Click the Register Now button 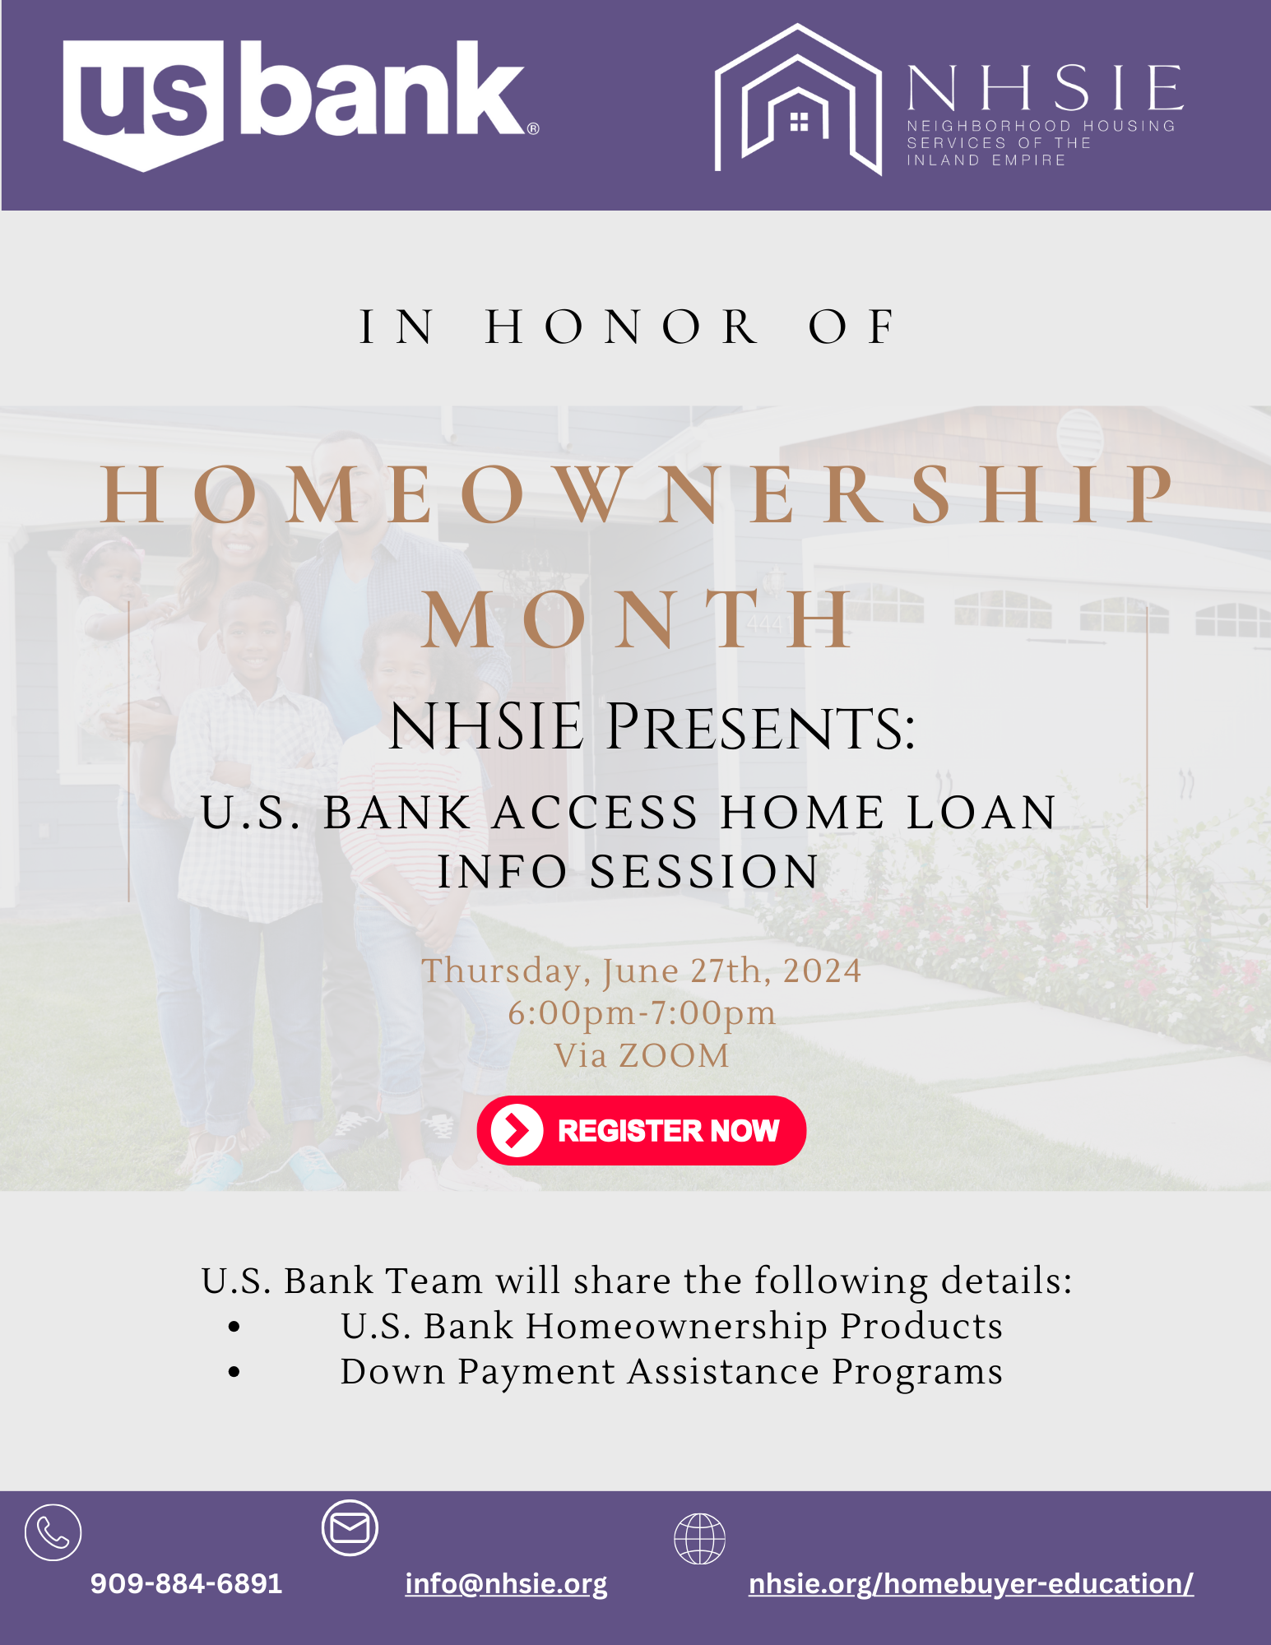[642, 1130]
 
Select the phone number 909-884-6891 [186, 1583]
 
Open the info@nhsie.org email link [506, 1583]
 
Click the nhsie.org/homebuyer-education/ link [971, 1583]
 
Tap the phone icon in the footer [53, 1532]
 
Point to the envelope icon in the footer [350, 1527]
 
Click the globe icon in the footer [699, 1538]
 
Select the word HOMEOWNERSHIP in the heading [638, 494]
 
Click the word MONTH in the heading [638, 620]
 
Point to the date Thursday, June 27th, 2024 [642, 971]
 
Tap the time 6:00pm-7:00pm [642, 1013]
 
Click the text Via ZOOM [642, 1056]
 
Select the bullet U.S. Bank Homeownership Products [671, 1326]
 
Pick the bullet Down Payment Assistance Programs [671, 1371]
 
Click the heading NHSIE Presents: [652, 727]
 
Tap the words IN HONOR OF [627, 327]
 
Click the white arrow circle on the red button [517, 1130]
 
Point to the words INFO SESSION [629, 872]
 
